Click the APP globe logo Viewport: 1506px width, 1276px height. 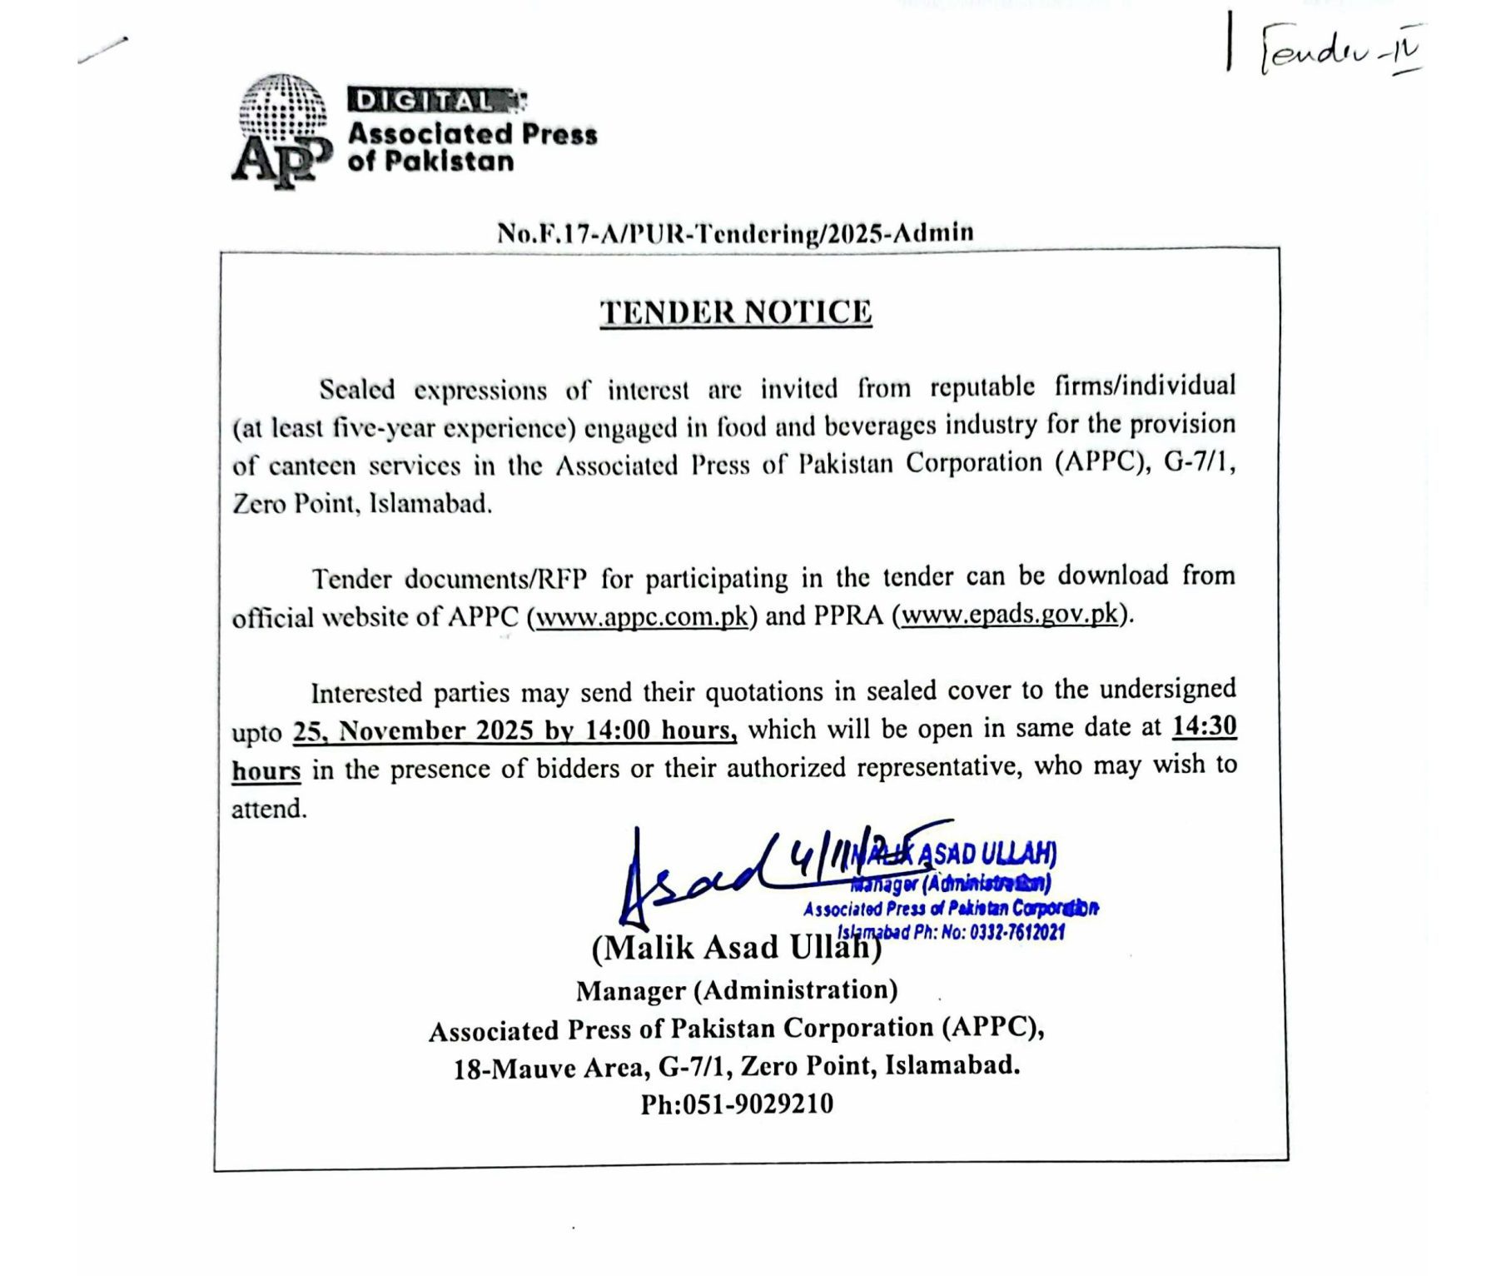coord(281,129)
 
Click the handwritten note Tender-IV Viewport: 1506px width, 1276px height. coord(1340,51)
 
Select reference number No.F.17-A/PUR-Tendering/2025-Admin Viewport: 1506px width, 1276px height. coord(735,232)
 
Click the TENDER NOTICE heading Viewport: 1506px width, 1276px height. coord(736,312)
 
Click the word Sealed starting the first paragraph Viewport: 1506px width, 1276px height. coord(356,390)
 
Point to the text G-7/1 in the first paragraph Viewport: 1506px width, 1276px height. coord(1198,462)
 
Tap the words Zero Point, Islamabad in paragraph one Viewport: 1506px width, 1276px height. coord(361,504)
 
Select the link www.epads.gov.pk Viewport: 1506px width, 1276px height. coord(1010,615)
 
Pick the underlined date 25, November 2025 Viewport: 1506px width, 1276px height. coord(413,731)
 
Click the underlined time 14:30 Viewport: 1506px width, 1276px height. coord(1204,726)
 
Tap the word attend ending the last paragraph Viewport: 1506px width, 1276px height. coord(268,809)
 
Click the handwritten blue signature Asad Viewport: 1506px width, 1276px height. coord(691,879)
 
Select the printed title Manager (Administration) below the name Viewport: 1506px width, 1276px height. coord(736,990)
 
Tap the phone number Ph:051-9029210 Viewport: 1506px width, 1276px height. coord(736,1104)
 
